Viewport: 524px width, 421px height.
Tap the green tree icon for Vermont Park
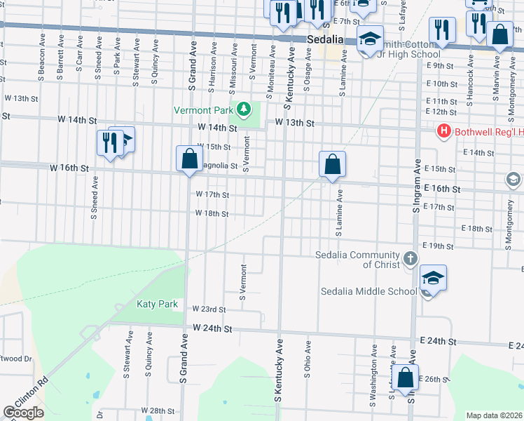(x=243, y=109)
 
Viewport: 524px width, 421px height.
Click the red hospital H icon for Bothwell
(x=443, y=131)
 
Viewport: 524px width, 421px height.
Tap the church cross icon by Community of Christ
(x=411, y=260)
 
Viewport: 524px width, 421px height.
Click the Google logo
(x=22, y=413)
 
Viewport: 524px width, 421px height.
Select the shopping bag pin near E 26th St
(x=405, y=377)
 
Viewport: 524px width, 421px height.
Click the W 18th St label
(x=212, y=213)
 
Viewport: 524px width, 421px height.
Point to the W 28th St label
(x=157, y=410)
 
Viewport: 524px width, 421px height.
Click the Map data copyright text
(x=493, y=415)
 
